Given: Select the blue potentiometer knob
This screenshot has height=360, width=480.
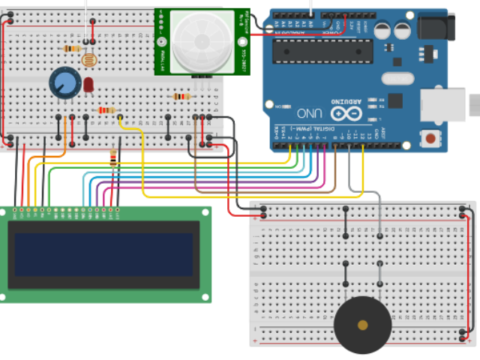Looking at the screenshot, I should tap(63, 82).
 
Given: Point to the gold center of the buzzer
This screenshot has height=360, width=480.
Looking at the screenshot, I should tap(363, 325).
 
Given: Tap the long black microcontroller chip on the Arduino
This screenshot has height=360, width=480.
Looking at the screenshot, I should tap(322, 50).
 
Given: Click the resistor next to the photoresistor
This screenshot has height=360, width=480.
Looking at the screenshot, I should tap(73, 49).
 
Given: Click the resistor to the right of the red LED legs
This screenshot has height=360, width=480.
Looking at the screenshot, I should tap(108, 111).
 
